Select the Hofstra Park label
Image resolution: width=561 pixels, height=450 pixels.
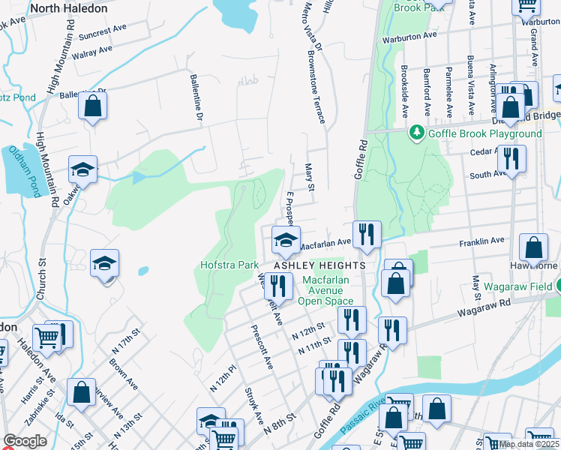[x=229, y=265]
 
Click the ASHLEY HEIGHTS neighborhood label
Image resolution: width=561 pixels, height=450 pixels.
[x=319, y=265]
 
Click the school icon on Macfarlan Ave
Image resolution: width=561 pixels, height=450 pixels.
[x=285, y=241]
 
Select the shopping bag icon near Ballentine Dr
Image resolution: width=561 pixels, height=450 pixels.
[x=92, y=106]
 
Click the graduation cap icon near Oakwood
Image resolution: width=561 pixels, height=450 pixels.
[x=83, y=169]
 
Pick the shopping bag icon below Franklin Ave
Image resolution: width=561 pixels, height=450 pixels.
[x=532, y=248]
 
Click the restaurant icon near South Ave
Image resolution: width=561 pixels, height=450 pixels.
[x=511, y=159]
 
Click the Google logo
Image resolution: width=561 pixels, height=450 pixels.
[x=25, y=441]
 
